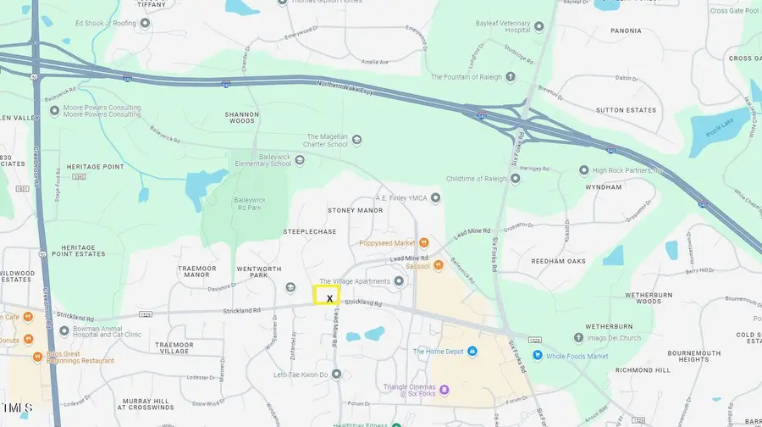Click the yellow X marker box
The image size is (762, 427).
[327, 296]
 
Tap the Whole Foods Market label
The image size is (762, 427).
[577, 356]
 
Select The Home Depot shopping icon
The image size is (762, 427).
[472, 352]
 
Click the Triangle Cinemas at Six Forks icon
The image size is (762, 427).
[444, 390]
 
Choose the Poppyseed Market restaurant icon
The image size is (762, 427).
[438, 243]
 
